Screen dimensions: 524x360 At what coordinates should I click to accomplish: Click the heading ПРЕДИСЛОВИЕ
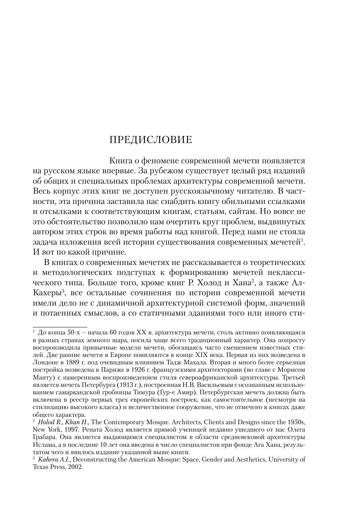click(x=151, y=140)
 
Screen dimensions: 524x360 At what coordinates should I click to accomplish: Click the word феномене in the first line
click(x=161, y=161)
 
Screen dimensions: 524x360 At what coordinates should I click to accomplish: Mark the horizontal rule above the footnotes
click(x=60, y=327)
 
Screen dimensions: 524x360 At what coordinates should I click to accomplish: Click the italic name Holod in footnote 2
click(x=45, y=422)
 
